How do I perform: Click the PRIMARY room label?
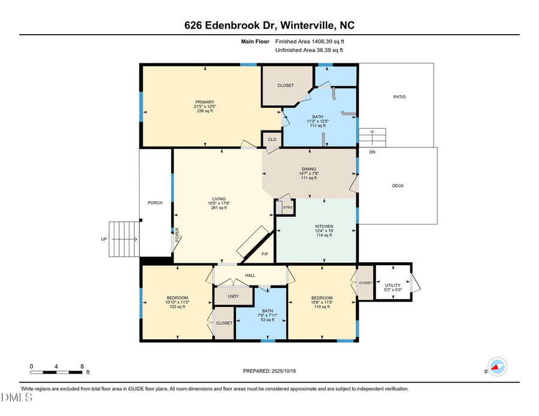[204, 102]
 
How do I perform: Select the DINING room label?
[308, 169]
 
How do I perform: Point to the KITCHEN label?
[324, 226]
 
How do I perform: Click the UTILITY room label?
[392, 286]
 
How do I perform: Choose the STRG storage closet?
[287, 208]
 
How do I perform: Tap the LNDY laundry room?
[233, 296]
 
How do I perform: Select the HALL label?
[250, 276]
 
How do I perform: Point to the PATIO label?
[399, 96]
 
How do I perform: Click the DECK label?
[398, 186]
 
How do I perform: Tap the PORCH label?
[155, 202]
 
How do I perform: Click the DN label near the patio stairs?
[372, 152]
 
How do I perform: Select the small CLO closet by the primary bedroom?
[272, 139]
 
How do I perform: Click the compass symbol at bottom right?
[496, 366]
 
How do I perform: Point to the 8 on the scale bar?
[82, 366]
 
